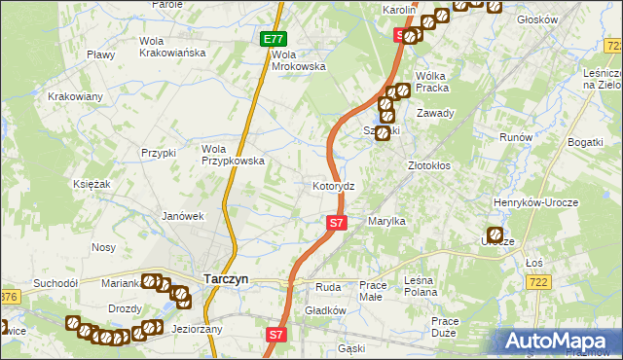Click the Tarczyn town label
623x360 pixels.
pos(225,278)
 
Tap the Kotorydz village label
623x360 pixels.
pos(339,185)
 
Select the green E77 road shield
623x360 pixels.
pos(274,39)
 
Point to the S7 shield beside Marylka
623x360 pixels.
pos(336,223)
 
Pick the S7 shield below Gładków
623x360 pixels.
pos(276,334)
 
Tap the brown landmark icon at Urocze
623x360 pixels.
pos(495,234)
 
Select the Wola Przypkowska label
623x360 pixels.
pos(233,155)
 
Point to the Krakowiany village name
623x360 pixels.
pos(76,96)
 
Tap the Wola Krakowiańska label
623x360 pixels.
pos(172,47)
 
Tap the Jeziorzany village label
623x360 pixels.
pos(197,329)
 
